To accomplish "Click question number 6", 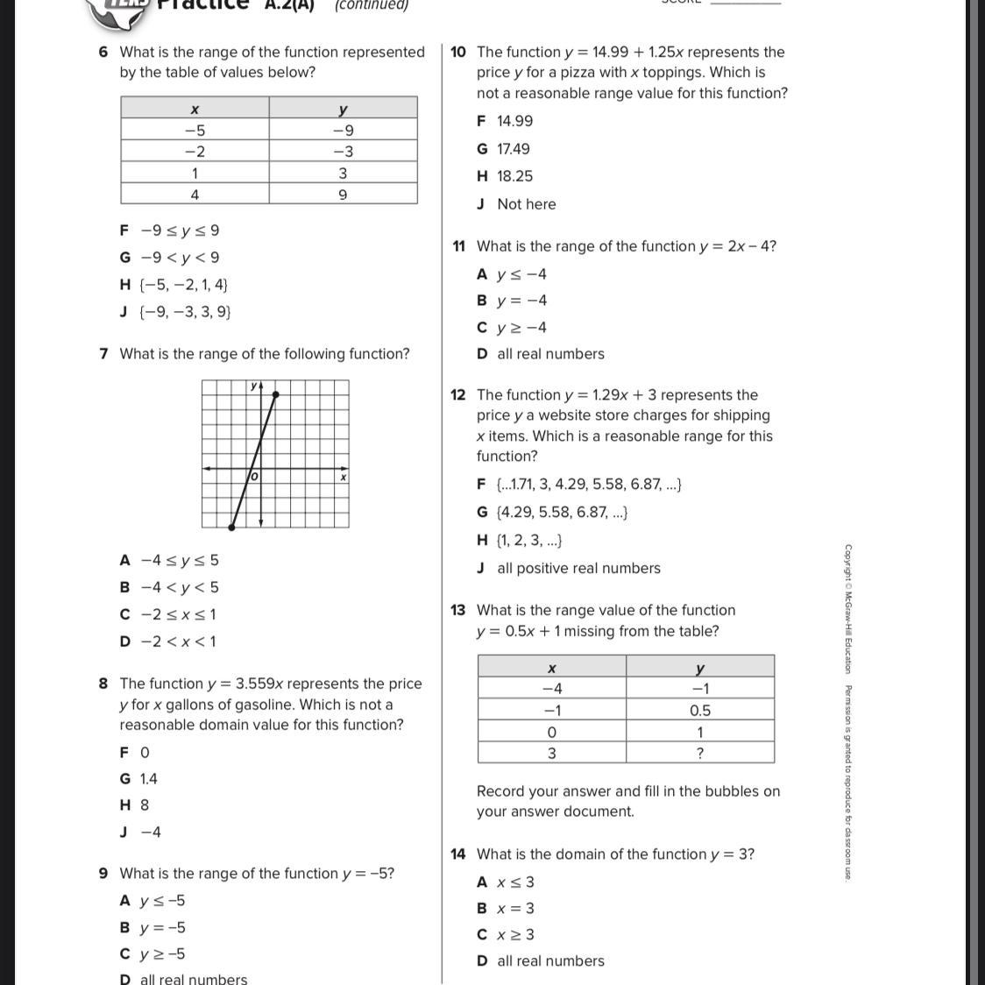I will [103, 53].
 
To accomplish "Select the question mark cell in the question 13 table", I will [700, 753].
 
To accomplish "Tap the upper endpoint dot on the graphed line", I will [275, 396].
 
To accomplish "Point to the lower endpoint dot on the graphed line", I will [231, 527].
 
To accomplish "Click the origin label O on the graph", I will [254, 477].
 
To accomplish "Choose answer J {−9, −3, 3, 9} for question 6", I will [175, 312].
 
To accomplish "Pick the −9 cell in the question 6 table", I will [343, 131].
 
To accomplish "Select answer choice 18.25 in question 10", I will [514, 176].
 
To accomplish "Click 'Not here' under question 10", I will [526, 204].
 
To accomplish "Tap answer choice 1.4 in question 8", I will [149, 779].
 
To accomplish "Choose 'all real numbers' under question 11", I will [550, 354].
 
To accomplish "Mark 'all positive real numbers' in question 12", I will [578, 569].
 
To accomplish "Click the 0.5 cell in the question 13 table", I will [700, 711].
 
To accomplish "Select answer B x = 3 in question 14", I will [515, 909].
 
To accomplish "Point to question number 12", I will [458, 395].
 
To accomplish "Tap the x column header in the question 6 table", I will [195, 109].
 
